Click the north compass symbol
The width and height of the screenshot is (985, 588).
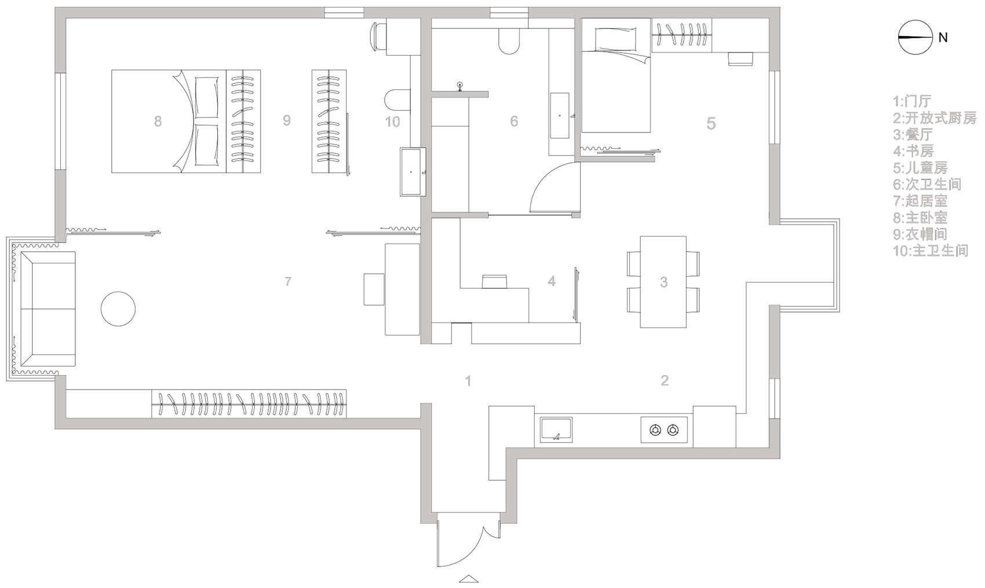click(x=915, y=37)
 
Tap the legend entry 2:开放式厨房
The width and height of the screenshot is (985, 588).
click(x=935, y=117)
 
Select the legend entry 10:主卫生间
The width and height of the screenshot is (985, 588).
click(x=931, y=251)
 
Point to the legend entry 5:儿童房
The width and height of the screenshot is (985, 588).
click(x=920, y=168)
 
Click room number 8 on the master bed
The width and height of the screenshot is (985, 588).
click(x=158, y=121)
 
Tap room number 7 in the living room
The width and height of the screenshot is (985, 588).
click(x=288, y=281)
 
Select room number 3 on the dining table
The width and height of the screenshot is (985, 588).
click(x=663, y=281)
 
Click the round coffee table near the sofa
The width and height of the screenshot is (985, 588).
click(x=118, y=308)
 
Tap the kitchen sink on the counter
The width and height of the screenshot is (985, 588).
click(x=556, y=429)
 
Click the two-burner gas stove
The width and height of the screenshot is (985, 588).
click(x=664, y=429)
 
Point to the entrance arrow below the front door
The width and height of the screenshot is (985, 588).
click(x=468, y=579)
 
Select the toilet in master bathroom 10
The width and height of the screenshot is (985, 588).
click(x=397, y=100)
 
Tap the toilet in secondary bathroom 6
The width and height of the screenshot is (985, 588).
click(x=509, y=41)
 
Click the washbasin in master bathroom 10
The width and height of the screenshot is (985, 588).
click(x=413, y=171)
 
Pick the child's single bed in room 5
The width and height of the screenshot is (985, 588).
click(x=615, y=75)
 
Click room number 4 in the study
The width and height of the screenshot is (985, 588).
click(x=552, y=281)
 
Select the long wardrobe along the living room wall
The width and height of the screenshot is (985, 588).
click(x=249, y=403)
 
